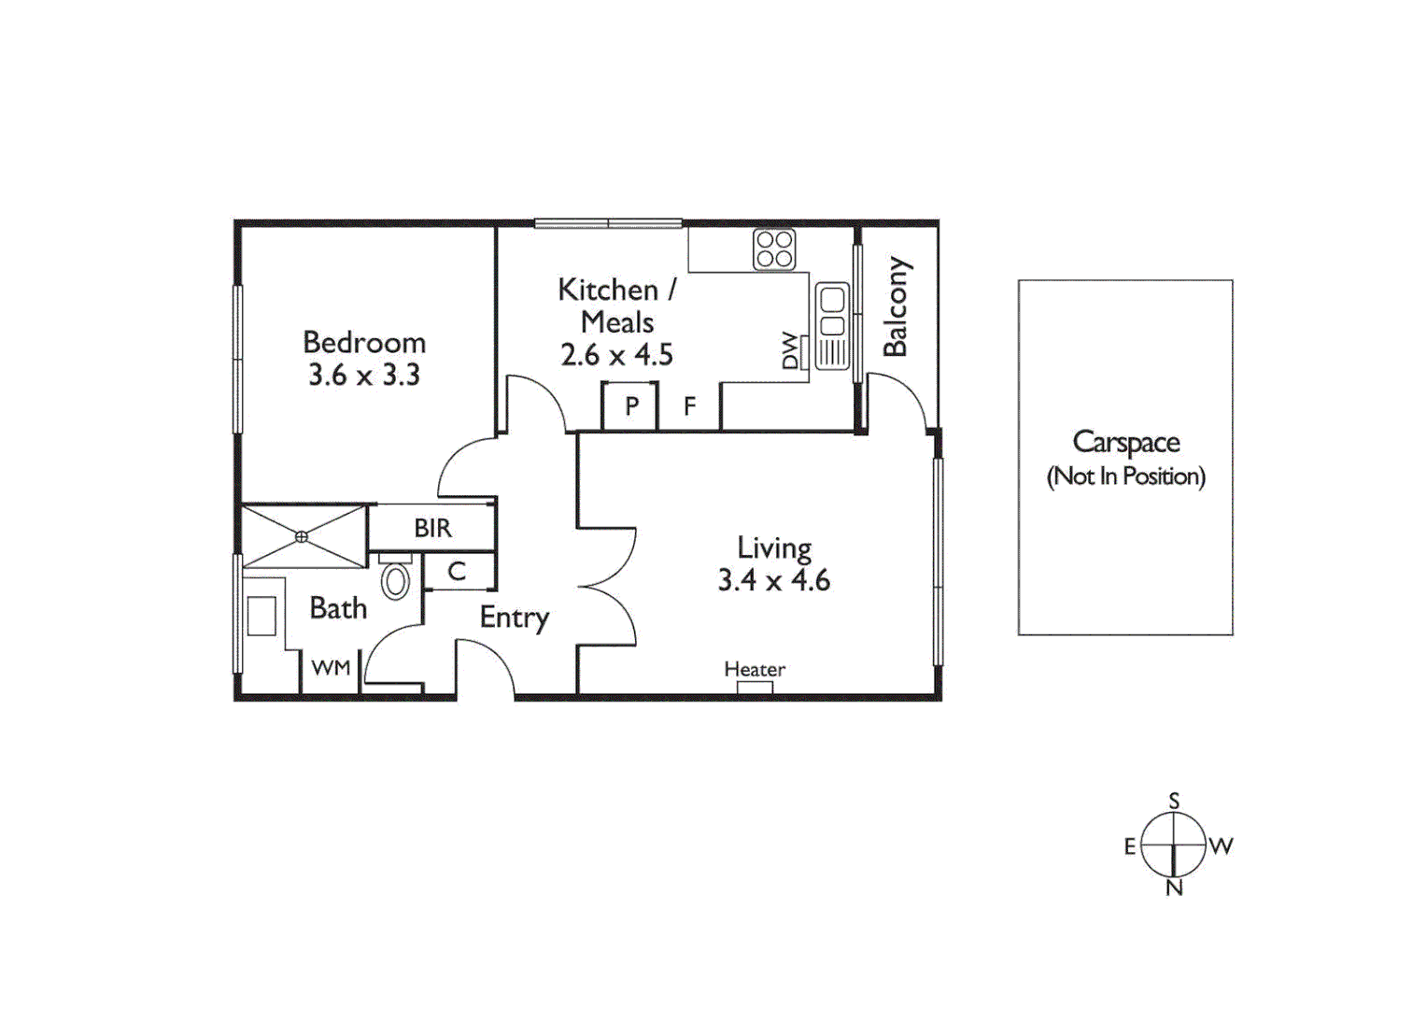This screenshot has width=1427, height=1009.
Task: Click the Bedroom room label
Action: point(364,342)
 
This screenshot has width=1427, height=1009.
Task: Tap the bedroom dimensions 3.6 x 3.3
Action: point(364,375)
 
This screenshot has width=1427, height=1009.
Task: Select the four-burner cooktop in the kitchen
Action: point(774,249)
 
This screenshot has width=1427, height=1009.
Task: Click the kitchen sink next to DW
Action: point(831,313)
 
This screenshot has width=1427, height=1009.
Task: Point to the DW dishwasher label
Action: point(791,351)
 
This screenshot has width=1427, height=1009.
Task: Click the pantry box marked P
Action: point(631,406)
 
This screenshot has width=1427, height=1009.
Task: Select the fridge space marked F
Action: point(689,406)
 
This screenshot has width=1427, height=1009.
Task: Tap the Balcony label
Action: point(896,306)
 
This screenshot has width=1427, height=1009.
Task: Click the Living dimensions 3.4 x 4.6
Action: point(773,580)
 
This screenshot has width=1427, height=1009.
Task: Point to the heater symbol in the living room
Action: point(755,689)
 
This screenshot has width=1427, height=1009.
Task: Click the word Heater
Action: point(755,669)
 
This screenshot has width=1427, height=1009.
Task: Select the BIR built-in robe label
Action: point(432,529)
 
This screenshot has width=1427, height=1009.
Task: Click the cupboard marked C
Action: point(457,571)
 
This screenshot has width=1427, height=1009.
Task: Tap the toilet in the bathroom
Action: point(395,580)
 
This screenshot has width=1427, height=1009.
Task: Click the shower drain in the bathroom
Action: point(302,536)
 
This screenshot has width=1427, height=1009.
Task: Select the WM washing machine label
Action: point(331,668)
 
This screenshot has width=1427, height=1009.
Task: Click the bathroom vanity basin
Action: point(261,617)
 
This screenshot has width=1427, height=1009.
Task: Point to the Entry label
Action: point(514,618)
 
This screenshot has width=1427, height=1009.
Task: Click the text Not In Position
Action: point(1125,476)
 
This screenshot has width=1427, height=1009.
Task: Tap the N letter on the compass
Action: point(1174,888)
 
